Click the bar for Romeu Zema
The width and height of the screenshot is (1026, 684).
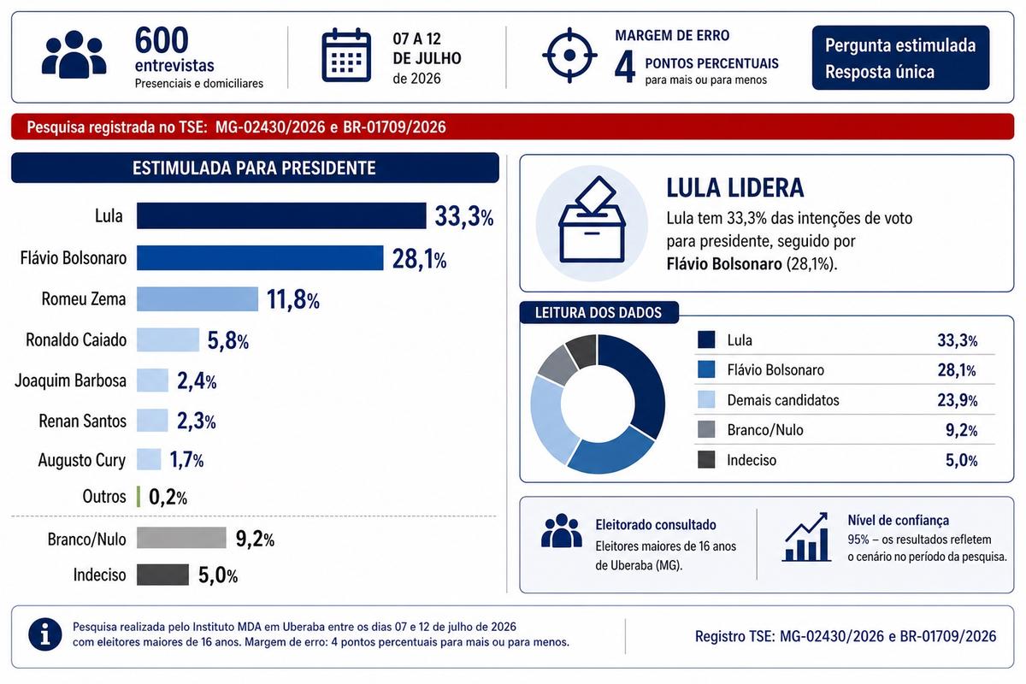(198, 299)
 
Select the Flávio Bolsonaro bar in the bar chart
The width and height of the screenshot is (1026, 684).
(260, 258)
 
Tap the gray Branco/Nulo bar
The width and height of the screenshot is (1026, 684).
(181, 538)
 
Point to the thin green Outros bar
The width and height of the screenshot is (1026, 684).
(139, 497)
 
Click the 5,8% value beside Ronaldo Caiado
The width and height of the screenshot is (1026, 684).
(228, 341)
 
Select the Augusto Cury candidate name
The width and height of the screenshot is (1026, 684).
(82, 460)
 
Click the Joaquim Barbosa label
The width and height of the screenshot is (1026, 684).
(70, 380)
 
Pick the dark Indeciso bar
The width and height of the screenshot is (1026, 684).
(162, 575)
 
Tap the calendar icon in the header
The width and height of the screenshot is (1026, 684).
(345, 55)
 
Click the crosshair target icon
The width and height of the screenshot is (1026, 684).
(569, 56)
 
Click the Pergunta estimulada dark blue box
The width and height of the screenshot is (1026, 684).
(900, 58)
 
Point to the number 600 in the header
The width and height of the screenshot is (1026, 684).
(162, 40)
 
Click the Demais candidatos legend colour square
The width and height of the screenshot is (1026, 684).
(706, 399)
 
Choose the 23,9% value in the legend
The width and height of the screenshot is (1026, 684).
(958, 400)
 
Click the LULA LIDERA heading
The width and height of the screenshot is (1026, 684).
(735, 188)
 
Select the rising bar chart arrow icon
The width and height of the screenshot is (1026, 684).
(806, 537)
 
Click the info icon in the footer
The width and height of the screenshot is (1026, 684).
(44, 634)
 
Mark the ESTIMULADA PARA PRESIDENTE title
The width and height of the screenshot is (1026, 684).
(254, 168)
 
